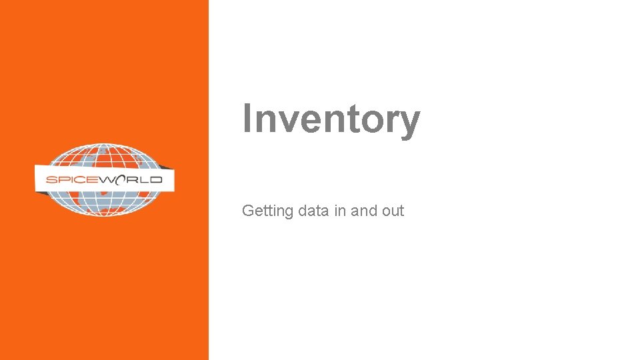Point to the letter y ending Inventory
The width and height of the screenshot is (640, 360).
pyautogui.click(x=411, y=123)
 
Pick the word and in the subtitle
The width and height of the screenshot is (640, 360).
pyautogui.click(x=364, y=211)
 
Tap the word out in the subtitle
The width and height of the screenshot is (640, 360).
pyautogui.click(x=393, y=211)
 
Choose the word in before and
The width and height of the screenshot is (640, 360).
pyautogui.click(x=340, y=211)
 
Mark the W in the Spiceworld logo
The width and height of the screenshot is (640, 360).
pyautogui.click(x=107, y=180)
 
